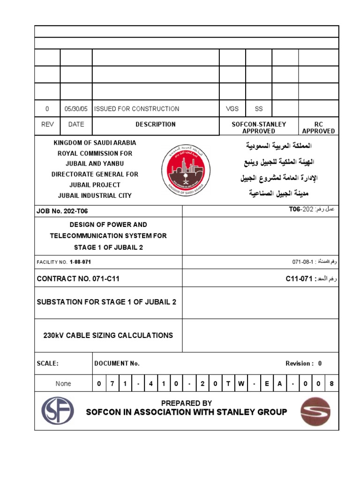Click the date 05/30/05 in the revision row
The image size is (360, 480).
pyautogui.click(x=76, y=109)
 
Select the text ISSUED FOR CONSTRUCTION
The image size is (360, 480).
pyautogui.click(x=136, y=109)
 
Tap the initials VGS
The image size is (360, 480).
pyautogui.click(x=232, y=109)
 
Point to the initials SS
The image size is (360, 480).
pyautogui.click(x=259, y=109)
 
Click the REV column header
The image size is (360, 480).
pyautogui.click(x=47, y=125)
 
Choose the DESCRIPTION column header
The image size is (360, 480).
pyautogui.click(x=156, y=125)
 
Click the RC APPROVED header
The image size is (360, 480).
pyautogui.click(x=318, y=128)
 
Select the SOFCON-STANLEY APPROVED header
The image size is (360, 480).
pyautogui.click(x=259, y=128)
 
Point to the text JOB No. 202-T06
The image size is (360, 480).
pyautogui.click(x=62, y=211)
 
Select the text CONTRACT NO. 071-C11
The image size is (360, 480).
pyautogui.click(x=78, y=279)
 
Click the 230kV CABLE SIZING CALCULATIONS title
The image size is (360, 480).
pyautogui.click(x=108, y=336)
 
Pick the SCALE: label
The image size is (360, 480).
pyautogui.click(x=47, y=364)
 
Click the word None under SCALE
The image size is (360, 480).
pyautogui.click(x=63, y=384)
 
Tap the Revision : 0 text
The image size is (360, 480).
pyautogui.click(x=303, y=364)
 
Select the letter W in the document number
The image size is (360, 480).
pyautogui.click(x=241, y=384)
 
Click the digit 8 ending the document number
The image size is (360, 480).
pyautogui.click(x=331, y=384)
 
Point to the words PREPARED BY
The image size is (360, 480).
pyautogui.click(x=187, y=403)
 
